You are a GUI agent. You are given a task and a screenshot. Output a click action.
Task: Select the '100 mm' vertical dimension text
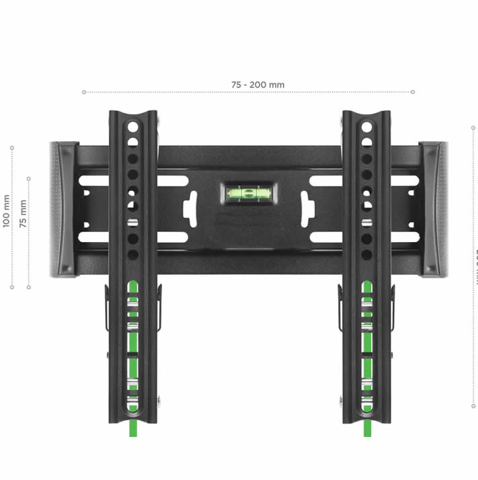tap(7, 211)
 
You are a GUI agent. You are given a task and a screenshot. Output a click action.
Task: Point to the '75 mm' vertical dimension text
tap(24, 214)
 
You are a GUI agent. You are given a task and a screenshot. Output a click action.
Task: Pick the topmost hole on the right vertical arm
tap(366, 126)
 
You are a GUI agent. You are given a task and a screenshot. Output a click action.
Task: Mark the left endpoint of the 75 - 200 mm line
tap(83, 91)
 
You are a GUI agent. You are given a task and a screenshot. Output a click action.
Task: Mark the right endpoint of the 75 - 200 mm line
tap(413, 91)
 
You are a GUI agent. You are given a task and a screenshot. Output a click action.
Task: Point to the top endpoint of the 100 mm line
tap(12, 146)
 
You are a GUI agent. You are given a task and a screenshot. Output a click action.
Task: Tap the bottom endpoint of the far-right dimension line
tap(475, 405)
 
